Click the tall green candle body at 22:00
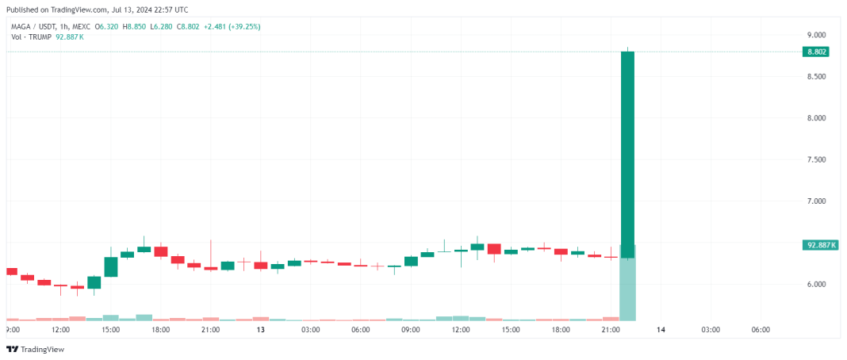627,151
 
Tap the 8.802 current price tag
816,52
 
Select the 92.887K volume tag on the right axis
819,245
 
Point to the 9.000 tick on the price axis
816,35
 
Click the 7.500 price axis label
816,159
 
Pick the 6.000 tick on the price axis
816,284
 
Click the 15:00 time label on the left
110,329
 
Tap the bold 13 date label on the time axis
260,329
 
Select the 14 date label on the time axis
660,329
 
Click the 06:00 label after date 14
760,329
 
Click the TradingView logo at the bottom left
35,349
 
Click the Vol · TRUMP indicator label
29,36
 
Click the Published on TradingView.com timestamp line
98,10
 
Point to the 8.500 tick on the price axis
816,76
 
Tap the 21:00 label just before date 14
610,329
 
